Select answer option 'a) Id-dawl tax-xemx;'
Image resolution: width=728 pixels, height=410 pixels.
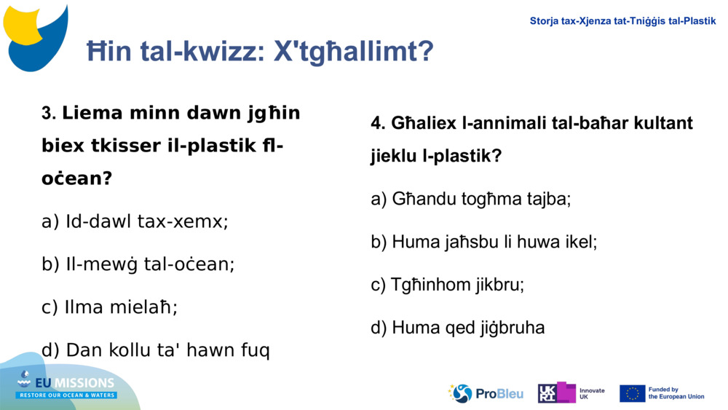point(135,221)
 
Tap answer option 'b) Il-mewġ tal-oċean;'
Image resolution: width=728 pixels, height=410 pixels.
point(138,264)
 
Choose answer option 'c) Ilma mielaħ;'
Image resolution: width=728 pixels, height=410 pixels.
point(109,307)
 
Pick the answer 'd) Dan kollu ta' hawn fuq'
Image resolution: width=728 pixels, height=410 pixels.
point(155,350)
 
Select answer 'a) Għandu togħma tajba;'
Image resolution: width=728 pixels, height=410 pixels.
point(470,199)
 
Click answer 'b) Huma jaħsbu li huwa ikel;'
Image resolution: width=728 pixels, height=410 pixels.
point(483,242)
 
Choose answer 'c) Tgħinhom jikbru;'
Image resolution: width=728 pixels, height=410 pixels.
point(447,285)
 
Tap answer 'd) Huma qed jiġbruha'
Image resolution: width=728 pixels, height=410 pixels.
point(457,328)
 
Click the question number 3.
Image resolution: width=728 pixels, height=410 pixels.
point(49,114)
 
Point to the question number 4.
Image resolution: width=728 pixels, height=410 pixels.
point(377,124)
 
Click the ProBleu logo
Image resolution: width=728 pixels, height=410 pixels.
point(486,393)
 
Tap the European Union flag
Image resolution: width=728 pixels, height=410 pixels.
point(632,393)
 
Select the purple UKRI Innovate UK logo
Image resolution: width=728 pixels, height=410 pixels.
point(557,393)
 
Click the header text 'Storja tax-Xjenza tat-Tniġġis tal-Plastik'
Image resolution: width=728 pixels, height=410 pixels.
point(622,21)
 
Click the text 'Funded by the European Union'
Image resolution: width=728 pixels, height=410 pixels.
point(676,393)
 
